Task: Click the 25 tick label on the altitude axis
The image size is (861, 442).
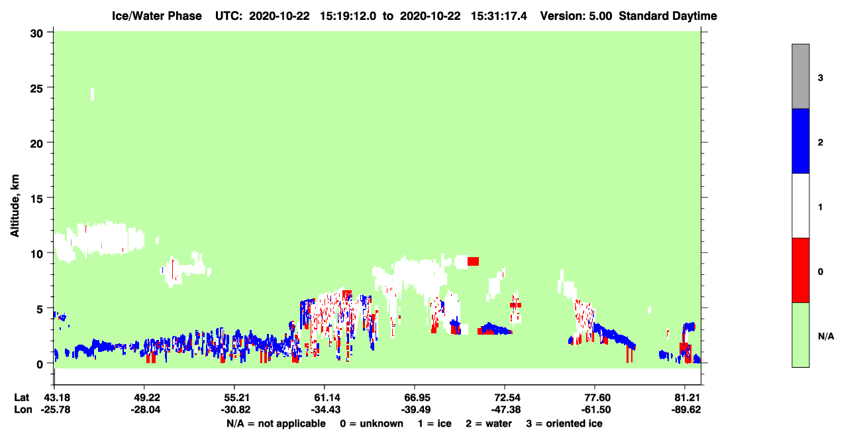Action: point(36,89)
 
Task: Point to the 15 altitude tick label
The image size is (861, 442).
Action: point(36,199)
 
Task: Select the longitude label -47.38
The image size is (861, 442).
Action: point(505,410)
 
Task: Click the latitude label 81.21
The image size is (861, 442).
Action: point(685,398)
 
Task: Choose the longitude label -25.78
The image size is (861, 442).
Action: point(56,410)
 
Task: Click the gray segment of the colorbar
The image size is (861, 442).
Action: point(800,76)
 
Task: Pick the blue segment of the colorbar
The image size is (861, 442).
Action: point(800,140)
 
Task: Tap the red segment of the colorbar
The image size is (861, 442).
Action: point(800,270)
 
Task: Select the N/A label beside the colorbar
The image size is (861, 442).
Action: point(826,337)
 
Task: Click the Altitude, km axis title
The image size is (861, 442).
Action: point(15,206)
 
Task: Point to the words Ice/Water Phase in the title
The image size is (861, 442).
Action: point(157,16)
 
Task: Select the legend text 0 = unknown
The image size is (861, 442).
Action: point(372,423)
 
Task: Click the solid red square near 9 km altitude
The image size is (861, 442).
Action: point(473,261)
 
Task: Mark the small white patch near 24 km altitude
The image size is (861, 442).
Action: point(92,94)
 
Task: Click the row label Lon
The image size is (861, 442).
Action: point(23,410)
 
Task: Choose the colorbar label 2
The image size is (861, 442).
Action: point(820,142)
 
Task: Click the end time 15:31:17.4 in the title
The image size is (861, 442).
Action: point(499,16)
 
